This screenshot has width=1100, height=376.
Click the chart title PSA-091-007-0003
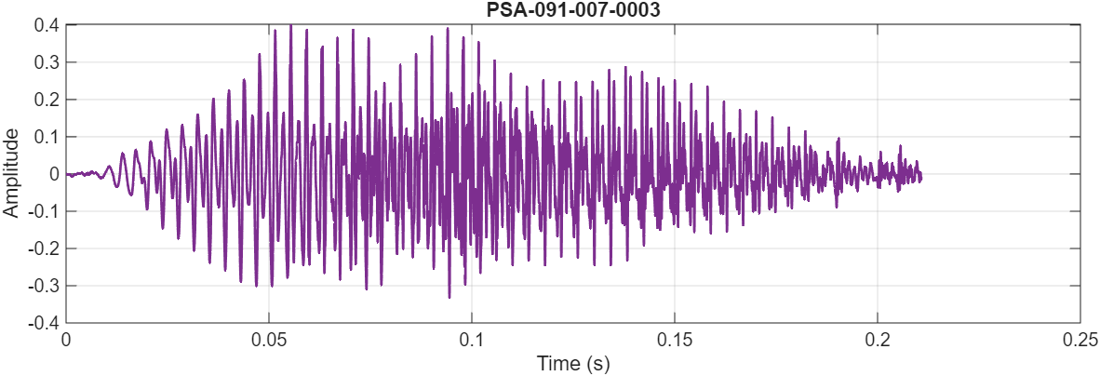point(572,9)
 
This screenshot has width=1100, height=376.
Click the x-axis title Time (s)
point(572,363)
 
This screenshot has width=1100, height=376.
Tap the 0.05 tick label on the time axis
point(269,340)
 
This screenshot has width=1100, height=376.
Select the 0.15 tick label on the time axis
point(675,340)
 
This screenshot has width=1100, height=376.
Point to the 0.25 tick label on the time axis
point(1080,340)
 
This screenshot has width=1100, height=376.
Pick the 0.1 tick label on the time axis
point(472,340)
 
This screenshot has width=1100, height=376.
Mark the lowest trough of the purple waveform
point(449,297)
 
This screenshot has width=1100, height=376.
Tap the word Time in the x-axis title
point(556,363)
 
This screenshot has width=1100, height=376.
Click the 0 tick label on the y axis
point(55,174)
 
